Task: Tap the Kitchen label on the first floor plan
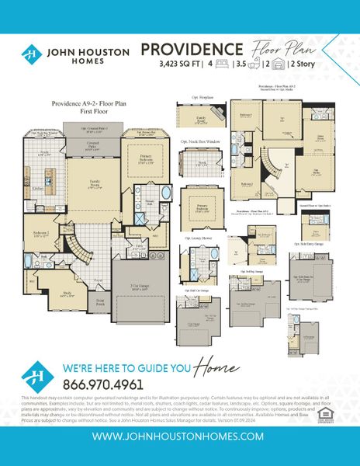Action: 38,188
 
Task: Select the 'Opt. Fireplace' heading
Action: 202,99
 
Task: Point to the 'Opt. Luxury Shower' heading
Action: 199,238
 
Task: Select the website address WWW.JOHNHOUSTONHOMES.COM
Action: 180,438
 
